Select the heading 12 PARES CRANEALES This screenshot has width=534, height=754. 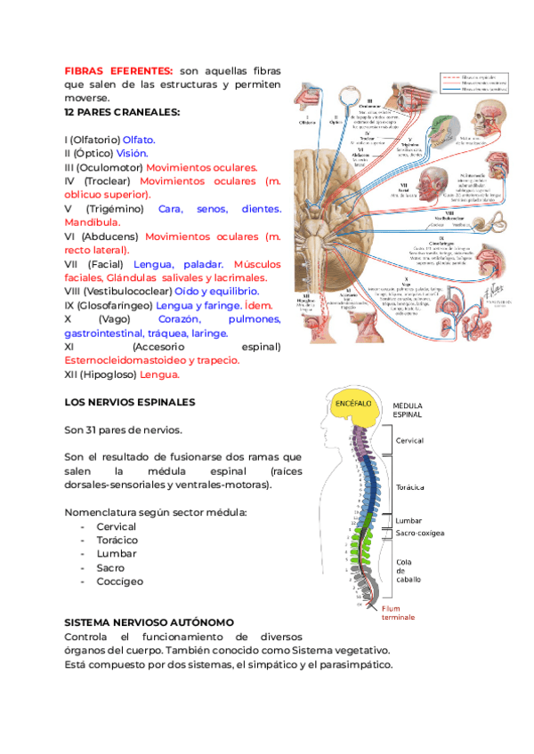122,112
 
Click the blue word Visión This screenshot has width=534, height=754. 133,153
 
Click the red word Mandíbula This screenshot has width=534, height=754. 98,222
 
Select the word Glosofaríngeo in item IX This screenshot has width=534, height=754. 114,305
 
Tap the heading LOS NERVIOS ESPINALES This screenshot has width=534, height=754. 130,402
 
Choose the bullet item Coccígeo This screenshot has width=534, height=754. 120,582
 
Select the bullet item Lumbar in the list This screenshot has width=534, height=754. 117,554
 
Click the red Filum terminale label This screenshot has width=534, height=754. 397,613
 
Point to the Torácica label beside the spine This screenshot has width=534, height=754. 409,487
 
